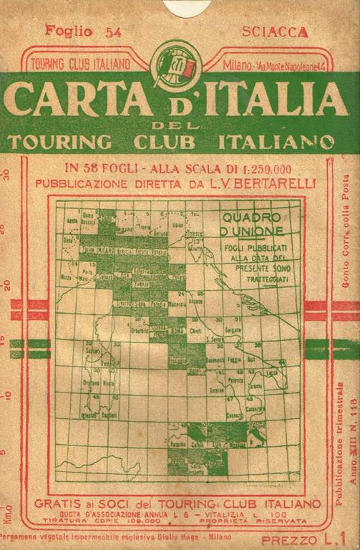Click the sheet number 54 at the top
click(112, 31)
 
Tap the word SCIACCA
click(275, 32)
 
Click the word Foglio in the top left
click(69, 30)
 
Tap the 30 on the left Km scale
click(6, 175)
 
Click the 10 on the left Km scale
click(6, 395)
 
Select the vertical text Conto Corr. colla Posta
click(346, 230)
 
